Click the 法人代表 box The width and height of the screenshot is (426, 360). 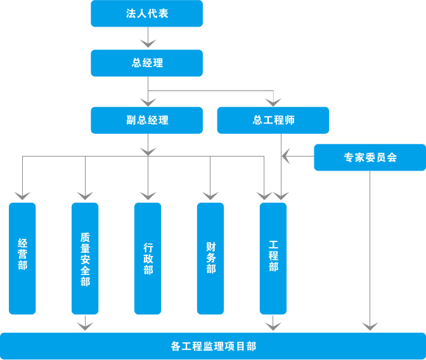pos(146,13)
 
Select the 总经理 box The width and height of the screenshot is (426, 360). pos(146,63)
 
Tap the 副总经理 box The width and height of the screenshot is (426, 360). pos(146,120)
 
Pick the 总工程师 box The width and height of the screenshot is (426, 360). pos(273,120)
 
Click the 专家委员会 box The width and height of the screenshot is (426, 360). pos(370,157)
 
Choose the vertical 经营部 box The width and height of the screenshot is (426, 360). pos(22,259)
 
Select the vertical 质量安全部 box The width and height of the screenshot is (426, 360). pos(85,259)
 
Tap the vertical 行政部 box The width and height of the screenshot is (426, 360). pos(148,259)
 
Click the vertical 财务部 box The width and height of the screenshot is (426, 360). pos(210,259)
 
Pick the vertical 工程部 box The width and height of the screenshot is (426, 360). pos(273,259)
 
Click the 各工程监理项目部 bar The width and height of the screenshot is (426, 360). pos(213,346)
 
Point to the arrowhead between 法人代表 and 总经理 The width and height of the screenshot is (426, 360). pos(148,44)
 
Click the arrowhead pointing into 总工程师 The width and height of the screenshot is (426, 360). pos(273,103)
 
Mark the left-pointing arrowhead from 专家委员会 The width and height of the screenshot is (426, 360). pos(286,156)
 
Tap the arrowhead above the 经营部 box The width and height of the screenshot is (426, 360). pos(22,196)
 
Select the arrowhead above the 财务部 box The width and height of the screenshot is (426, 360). pos(210,196)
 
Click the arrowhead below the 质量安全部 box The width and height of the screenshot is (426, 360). pos(85,326)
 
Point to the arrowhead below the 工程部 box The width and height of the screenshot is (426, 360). pos(273,326)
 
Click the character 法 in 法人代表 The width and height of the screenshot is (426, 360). pos(131,13)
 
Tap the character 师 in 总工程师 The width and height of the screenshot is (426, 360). pos(290,120)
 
